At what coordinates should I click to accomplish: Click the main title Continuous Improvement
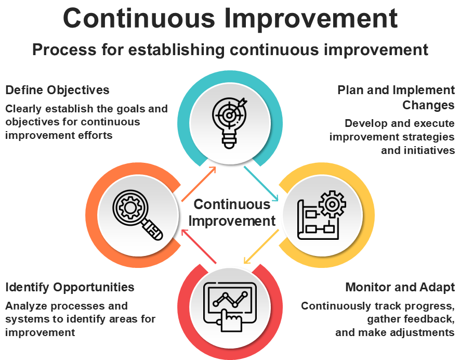[230, 18]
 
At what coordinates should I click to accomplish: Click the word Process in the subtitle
[64, 49]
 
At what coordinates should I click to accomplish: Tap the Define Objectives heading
[57, 90]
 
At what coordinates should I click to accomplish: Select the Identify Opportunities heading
[70, 287]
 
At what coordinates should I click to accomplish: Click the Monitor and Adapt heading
[400, 287]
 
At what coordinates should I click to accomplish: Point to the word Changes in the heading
[428, 105]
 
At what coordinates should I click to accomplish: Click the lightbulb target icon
[230, 123]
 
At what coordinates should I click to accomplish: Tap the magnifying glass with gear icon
[138, 215]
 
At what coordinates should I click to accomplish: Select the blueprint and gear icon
[322, 215]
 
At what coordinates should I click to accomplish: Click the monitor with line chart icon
[230, 307]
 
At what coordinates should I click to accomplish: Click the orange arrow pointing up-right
[199, 184]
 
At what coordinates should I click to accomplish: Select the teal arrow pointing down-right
[261, 184]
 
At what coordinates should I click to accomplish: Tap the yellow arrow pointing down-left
[261, 247]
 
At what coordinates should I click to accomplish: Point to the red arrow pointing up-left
[199, 247]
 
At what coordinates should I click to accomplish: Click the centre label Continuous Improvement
[232, 213]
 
